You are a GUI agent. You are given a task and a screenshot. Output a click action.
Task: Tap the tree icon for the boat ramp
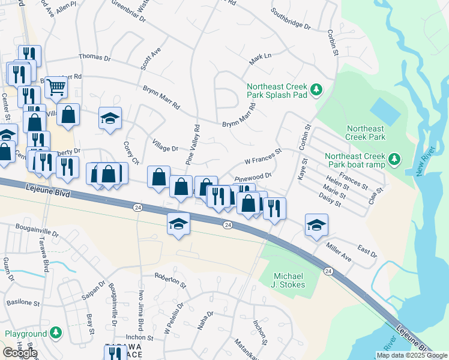click(394, 158)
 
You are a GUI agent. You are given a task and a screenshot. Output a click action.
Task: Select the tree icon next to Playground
click(56, 332)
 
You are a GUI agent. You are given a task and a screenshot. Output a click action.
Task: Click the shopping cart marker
click(56, 86)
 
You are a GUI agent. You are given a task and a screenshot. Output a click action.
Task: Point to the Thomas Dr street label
click(95, 58)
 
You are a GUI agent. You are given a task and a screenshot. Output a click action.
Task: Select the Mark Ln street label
click(261, 56)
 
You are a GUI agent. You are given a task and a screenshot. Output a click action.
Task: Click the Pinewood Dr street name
click(253, 177)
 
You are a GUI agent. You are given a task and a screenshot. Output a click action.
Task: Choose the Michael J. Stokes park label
click(289, 280)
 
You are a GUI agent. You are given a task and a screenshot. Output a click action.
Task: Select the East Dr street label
click(367, 251)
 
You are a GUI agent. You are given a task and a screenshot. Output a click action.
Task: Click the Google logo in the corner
click(19, 353)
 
